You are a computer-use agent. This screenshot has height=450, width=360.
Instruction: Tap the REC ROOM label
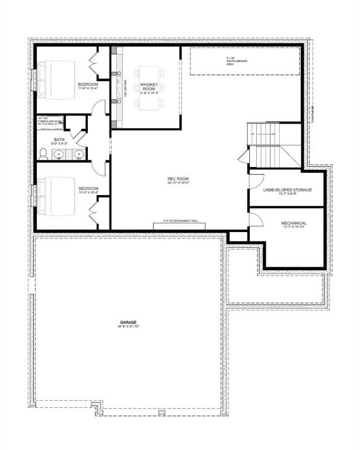(x=180, y=179)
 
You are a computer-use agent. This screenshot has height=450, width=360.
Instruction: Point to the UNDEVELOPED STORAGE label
(x=287, y=190)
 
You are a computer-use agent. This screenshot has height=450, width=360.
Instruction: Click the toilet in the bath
(x=43, y=154)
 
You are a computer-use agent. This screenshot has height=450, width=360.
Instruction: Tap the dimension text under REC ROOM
(x=180, y=183)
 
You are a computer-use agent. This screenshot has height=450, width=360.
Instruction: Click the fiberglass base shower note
(x=49, y=121)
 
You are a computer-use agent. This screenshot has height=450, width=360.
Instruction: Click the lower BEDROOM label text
(x=88, y=189)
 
